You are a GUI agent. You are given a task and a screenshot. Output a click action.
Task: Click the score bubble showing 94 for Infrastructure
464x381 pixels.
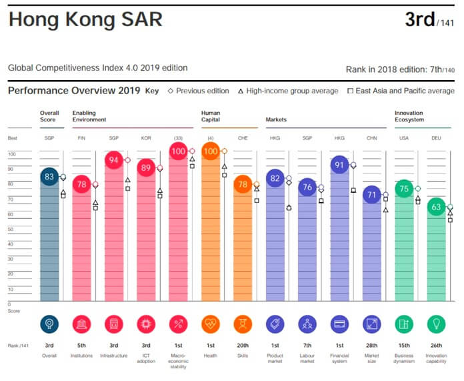point(114,160)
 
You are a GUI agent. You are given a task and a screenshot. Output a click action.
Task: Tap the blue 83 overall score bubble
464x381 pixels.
point(49,177)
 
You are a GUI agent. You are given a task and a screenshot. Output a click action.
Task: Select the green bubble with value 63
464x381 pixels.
point(436,206)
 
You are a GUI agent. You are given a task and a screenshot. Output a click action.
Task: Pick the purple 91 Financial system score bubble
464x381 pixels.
point(339,164)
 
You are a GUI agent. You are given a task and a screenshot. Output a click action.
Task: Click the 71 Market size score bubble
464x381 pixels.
point(372,194)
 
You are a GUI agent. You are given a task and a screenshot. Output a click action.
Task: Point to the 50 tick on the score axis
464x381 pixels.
point(11,230)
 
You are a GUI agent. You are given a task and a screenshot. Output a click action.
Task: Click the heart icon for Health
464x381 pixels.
point(211,324)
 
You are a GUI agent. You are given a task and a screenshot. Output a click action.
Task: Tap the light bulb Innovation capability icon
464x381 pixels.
point(436,324)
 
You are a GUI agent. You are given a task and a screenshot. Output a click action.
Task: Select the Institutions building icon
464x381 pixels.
point(81,324)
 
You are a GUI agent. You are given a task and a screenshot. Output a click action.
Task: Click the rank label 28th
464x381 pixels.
point(372,346)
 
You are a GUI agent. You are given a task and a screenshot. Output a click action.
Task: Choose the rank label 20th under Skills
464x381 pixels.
point(243,346)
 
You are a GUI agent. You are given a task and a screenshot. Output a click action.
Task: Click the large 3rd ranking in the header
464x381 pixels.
point(420,19)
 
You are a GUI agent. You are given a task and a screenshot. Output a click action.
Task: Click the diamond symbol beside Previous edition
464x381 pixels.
point(171,91)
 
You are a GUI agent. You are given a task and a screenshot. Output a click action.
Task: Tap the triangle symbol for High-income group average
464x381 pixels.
point(241,91)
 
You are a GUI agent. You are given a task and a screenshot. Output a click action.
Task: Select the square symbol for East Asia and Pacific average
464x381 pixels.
point(350,91)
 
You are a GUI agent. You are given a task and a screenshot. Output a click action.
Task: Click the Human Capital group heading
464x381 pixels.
point(211,116)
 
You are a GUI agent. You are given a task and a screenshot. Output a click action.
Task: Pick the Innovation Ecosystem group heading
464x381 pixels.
point(409,116)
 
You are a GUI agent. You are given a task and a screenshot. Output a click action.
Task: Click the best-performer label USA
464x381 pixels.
point(404,138)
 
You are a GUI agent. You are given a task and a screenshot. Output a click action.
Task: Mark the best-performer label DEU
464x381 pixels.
point(436,138)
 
